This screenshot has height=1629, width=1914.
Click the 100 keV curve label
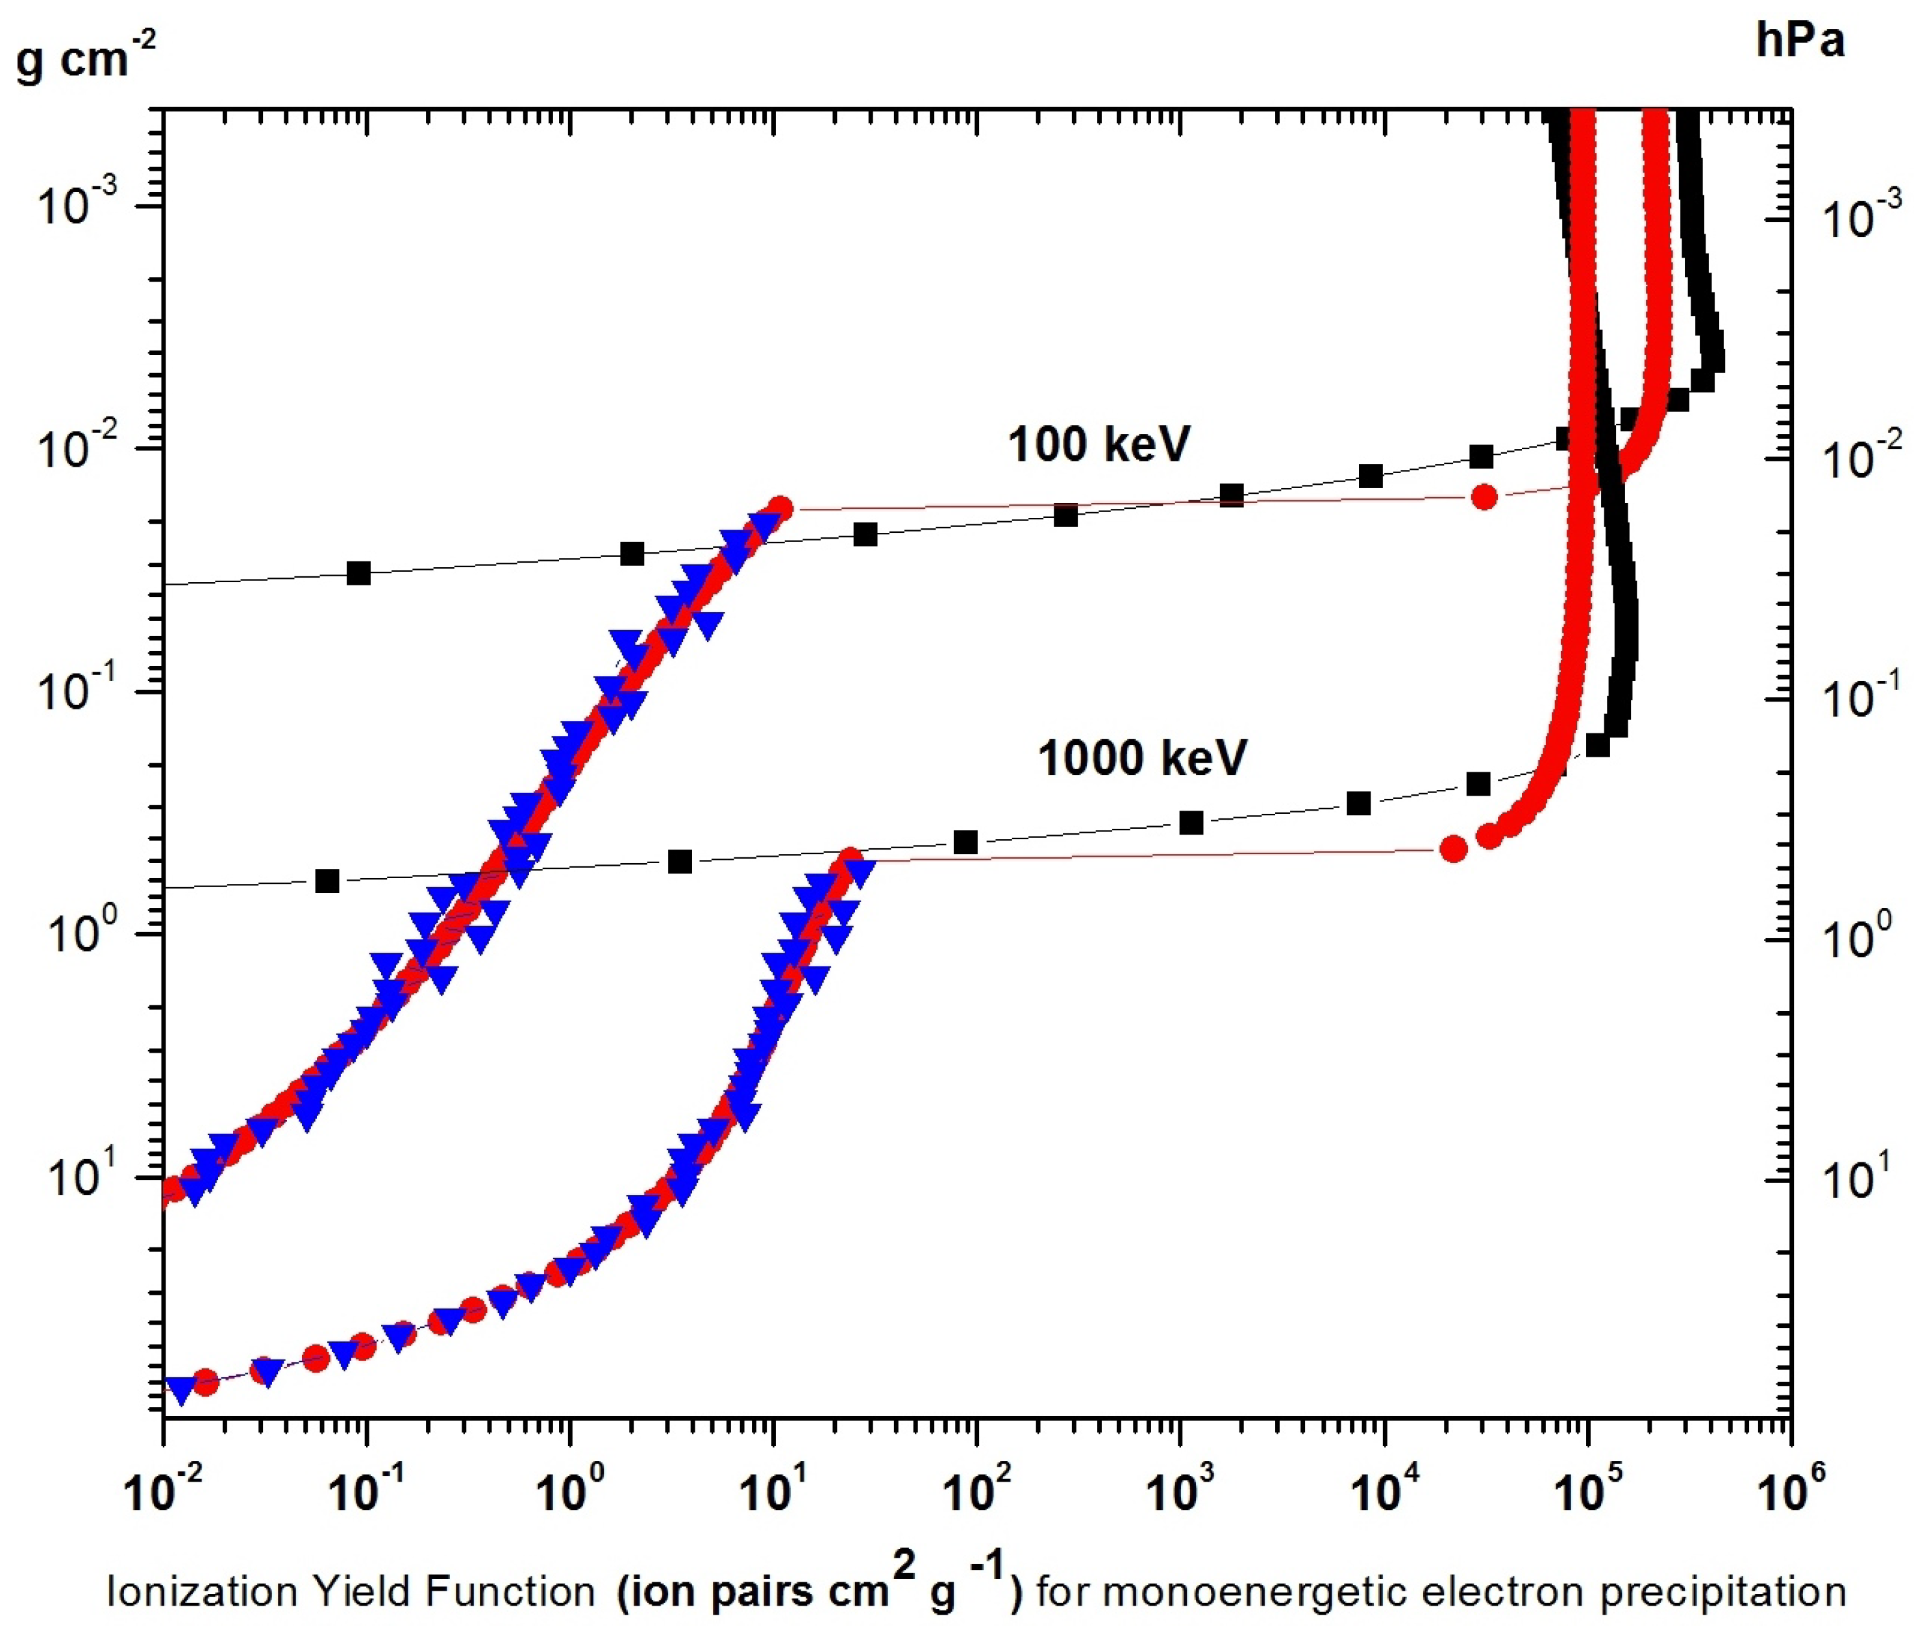1099,444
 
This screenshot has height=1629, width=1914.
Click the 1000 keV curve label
1142,758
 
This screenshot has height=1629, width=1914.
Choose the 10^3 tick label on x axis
1178,1491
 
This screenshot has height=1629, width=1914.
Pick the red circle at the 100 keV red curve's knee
780,508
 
